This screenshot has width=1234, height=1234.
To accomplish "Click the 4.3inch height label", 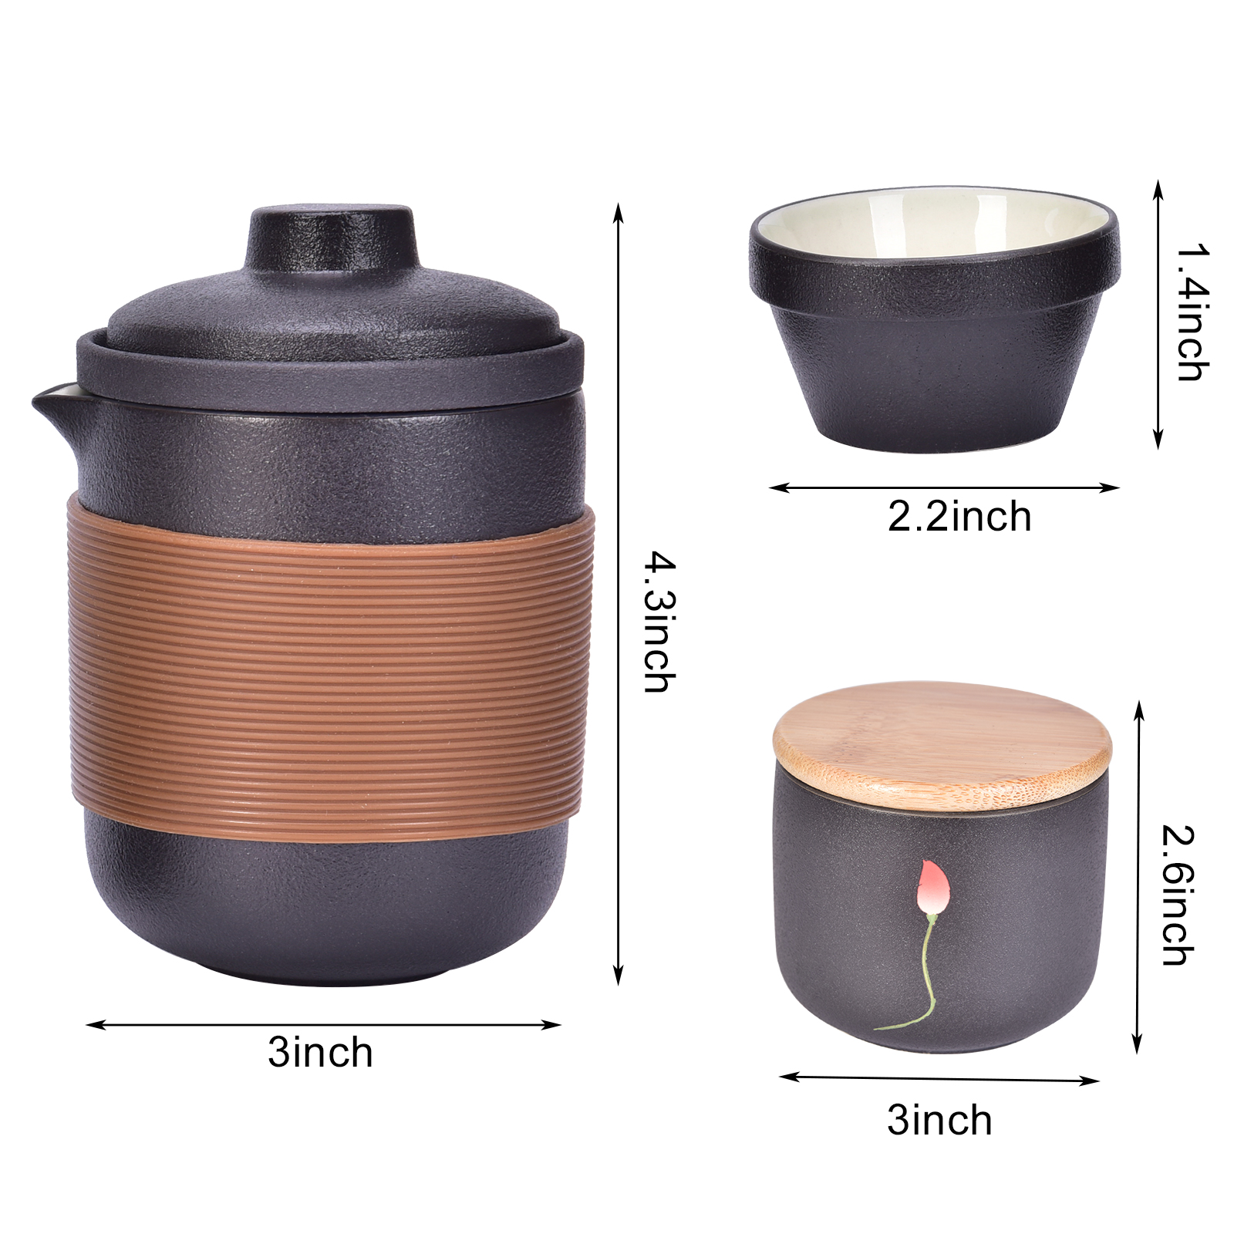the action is click(659, 622).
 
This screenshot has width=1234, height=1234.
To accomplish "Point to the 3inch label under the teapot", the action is click(320, 1052).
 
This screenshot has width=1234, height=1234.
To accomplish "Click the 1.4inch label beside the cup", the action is click(1192, 312).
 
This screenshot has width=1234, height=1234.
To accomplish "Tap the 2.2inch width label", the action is click(959, 516).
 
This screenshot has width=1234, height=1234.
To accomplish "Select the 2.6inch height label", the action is click(1178, 895).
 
